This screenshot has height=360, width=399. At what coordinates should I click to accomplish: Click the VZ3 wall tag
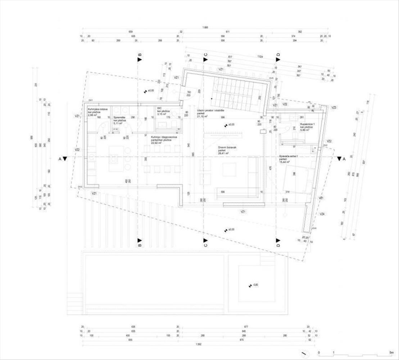pos(334,108)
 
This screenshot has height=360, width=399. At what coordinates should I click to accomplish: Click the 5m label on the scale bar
pos(391,352)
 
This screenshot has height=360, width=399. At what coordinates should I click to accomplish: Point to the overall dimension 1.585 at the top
pos(205,27)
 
